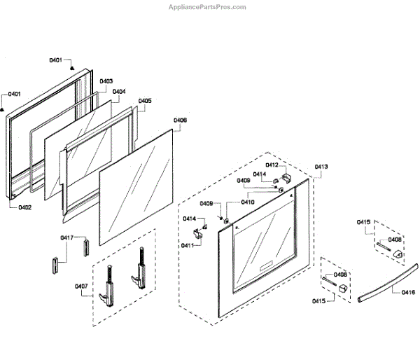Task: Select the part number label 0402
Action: [25, 207]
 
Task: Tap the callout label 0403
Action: [106, 82]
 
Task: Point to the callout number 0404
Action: [119, 92]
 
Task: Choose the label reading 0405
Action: [144, 101]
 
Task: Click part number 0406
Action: [180, 120]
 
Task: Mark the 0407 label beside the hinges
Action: [80, 285]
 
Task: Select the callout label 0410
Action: [248, 202]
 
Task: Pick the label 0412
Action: [272, 165]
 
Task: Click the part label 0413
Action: [321, 167]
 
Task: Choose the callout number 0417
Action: [66, 238]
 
